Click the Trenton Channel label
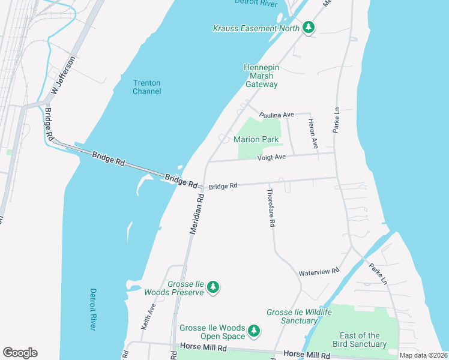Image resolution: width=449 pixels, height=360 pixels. pyautogui.click(x=146, y=86)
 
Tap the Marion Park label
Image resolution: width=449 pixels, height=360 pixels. pyautogui.click(x=256, y=139)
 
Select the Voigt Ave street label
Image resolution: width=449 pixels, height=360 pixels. pyautogui.click(x=271, y=157)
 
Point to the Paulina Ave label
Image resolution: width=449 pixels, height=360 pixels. pyautogui.click(x=276, y=114)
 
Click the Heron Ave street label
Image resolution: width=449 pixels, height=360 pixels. pyautogui.click(x=312, y=133)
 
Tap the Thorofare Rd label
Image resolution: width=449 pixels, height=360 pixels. pyautogui.click(x=271, y=207)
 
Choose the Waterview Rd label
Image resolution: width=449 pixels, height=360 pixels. pyautogui.click(x=319, y=272)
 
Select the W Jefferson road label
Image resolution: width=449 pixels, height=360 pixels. pyautogui.click(x=63, y=76)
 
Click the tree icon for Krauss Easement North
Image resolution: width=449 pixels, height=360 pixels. pyautogui.click(x=308, y=28)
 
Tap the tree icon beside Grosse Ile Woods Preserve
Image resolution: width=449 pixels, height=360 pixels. pyautogui.click(x=212, y=288)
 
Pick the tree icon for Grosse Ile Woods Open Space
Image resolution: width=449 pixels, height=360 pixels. pyautogui.click(x=254, y=331)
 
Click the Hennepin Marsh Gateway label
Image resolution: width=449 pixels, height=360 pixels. pyautogui.click(x=261, y=76)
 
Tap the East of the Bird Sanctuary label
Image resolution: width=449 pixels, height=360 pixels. pyautogui.click(x=360, y=340)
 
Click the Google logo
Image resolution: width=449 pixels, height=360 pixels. pyautogui.click(x=20, y=353)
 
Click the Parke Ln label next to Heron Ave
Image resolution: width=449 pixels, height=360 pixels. pyautogui.click(x=336, y=120)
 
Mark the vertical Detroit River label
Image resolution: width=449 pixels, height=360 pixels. pyautogui.click(x=93, y=309)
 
